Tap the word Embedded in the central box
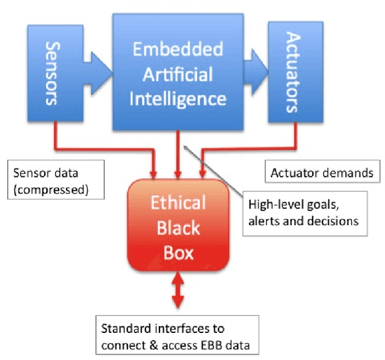point(177,49)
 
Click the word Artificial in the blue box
point(177,74)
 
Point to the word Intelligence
point(178,98)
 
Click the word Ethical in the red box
point(179,202)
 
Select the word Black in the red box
point(179,227)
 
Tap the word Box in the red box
point(179,251)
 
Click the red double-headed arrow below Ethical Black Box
point(179,291)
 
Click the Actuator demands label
point(322,173)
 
